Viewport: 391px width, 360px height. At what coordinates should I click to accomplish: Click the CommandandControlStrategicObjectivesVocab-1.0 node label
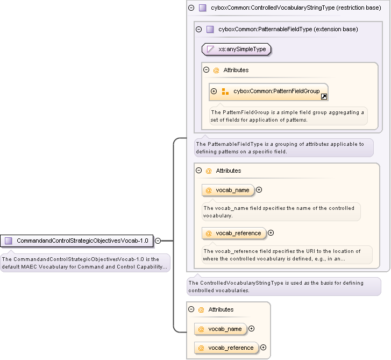coord(82,241)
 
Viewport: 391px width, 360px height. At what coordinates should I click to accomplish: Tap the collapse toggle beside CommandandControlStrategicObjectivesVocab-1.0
coord(158,241)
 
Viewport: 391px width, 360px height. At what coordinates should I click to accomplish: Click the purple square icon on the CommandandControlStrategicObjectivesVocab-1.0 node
coord(9,241)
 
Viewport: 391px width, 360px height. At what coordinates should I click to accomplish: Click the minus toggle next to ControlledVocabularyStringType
coord(191,8)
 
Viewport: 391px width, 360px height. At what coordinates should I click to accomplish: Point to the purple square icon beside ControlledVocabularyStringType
coord(202,8)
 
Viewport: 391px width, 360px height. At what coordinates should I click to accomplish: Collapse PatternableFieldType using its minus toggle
coord(199,29)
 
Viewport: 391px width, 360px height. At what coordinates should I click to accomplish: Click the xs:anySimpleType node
coord(236,49)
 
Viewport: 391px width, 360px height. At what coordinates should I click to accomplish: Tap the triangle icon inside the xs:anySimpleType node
coord(210,49)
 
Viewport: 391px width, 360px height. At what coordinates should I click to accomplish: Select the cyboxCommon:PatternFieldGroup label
coord(276,91)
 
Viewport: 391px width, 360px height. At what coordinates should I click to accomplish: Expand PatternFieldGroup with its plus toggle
coord(214,91)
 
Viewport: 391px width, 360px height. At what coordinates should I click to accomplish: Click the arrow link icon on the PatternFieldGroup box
coord(324,96)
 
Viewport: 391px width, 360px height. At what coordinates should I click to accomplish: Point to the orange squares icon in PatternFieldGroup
coord(225,91)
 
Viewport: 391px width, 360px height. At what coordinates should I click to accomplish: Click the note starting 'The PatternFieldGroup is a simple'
coord(288,116)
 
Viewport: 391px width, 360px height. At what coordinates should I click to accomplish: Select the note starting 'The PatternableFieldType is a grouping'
coord(284,147)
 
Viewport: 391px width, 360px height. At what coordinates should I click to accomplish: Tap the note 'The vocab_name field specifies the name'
coord(281,212)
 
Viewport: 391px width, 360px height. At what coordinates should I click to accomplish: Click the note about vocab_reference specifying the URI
coord(287,255)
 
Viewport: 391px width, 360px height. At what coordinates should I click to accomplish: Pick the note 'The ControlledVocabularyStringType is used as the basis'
coord(284,286)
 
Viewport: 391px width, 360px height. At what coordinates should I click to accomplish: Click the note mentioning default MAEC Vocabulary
coord(85,263)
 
